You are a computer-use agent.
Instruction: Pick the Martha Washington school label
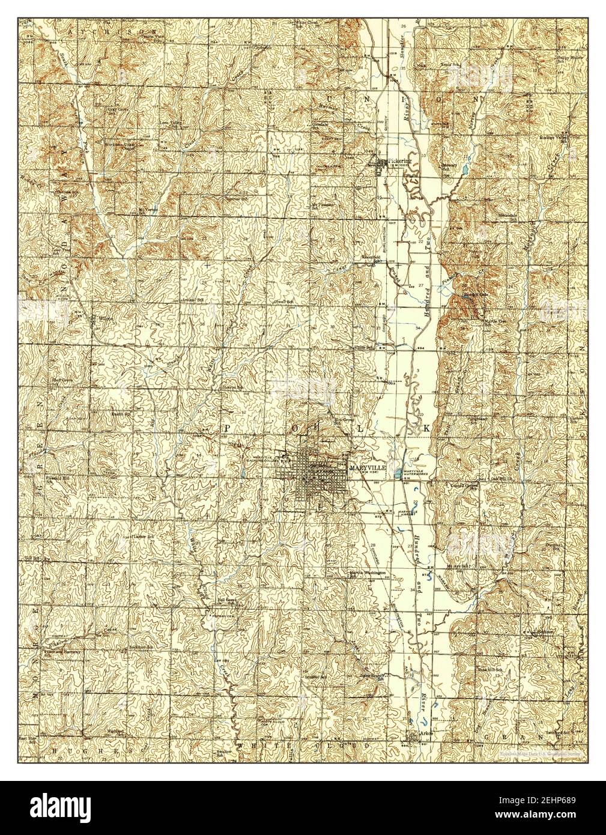pos(368,573)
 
